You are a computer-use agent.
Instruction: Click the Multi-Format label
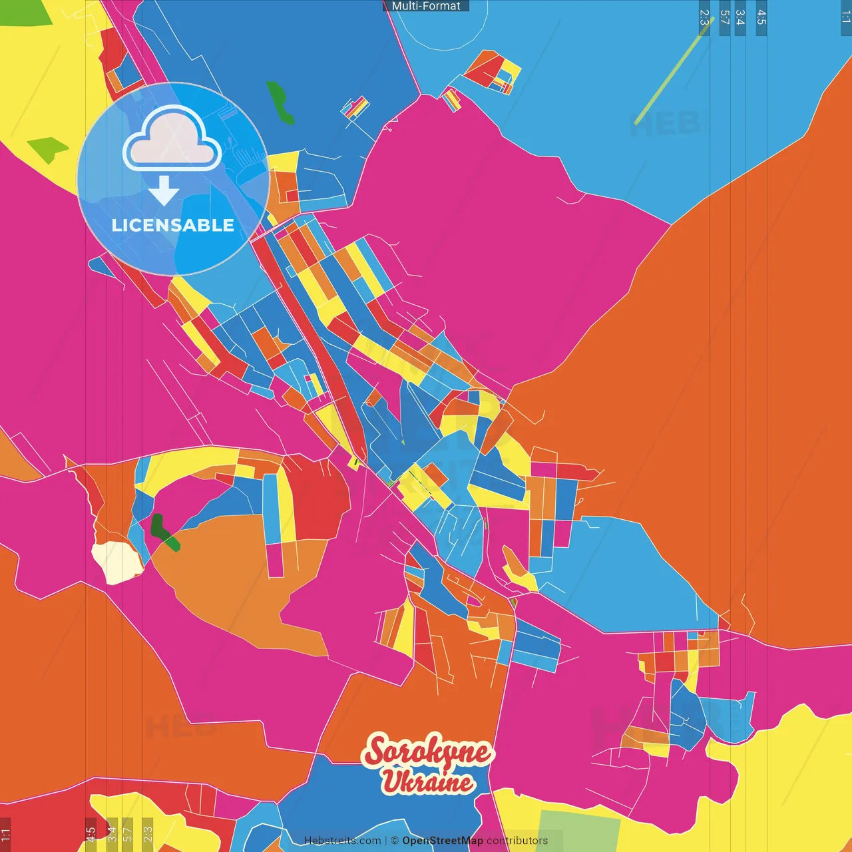[426, 6]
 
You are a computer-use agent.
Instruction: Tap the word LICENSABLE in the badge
[173, 225]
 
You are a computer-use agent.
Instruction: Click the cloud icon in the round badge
[172, 138]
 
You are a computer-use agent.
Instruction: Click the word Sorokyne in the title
[428, 752]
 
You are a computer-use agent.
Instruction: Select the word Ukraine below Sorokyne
[427, 782]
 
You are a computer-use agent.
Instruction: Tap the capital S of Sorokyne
[377, 752]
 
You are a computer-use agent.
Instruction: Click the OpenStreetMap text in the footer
[442, 841]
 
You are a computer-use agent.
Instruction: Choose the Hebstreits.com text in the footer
[342, 841]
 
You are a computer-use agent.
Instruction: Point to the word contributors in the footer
[517, 841]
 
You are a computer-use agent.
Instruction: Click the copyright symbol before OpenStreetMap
[395, 841]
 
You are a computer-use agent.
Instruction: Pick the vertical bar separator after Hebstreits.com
[387, 841]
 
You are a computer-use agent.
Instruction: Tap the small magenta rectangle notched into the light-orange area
[275, 560]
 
